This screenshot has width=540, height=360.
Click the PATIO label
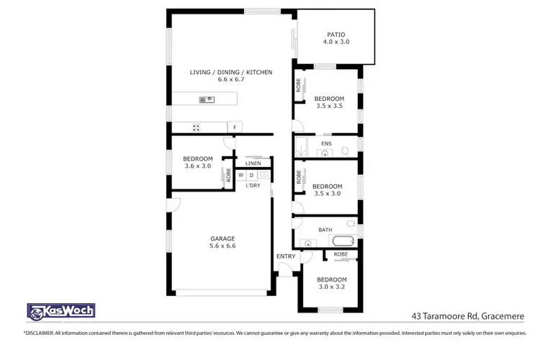336,34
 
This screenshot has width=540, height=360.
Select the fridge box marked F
234,128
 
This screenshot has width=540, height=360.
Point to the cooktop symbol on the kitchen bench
195,128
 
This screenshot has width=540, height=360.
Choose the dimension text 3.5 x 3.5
329,106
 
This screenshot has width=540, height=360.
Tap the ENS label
325,144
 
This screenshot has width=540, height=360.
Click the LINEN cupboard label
253,163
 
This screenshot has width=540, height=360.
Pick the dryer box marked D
251,175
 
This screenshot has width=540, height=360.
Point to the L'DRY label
253,186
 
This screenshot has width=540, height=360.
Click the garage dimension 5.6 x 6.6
222,246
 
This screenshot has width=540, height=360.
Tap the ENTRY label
285,256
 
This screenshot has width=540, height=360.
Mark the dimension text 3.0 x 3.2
331,287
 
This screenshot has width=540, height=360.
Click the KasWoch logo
60,312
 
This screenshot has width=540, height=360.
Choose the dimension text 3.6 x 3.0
197,166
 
